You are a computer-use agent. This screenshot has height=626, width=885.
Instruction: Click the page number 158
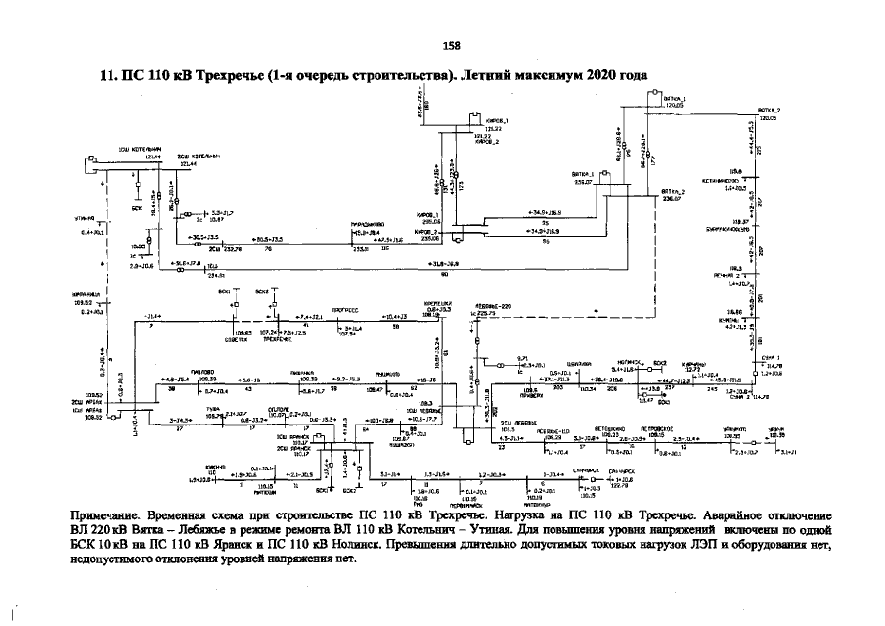(451, 45)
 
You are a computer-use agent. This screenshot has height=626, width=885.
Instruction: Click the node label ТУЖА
(212, 410)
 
